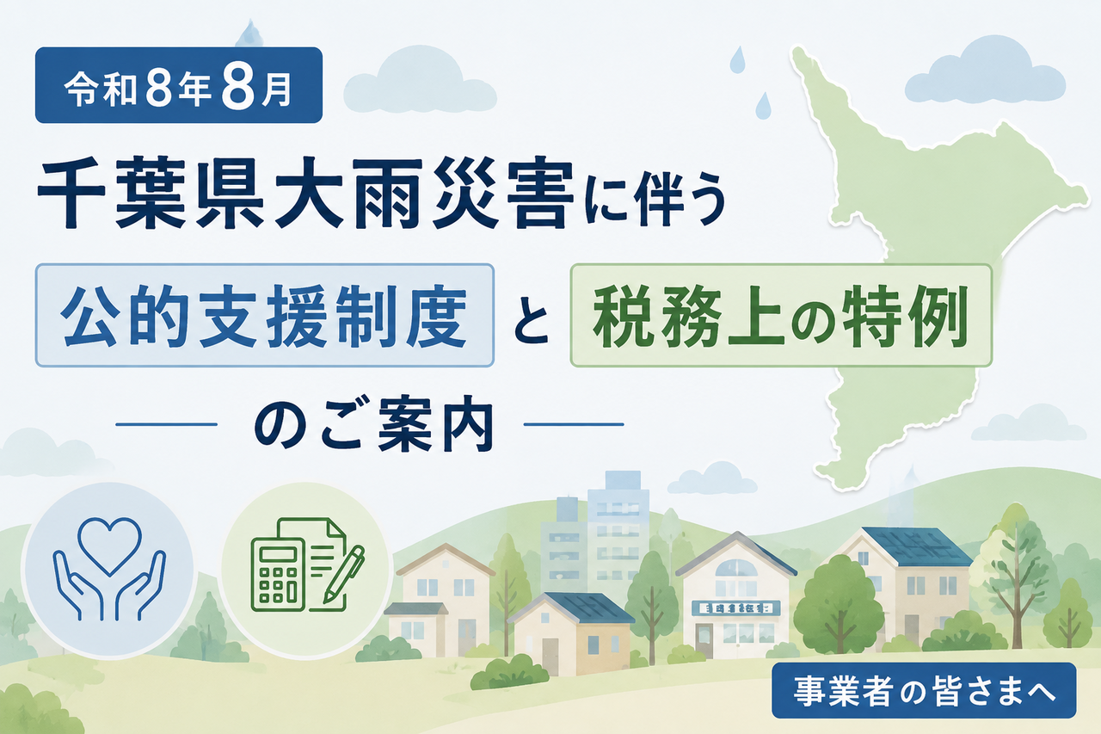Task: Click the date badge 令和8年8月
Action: click(x=179, y=85)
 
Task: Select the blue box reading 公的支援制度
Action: click(x=264, y=315)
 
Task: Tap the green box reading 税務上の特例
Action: click(x=781, y=315)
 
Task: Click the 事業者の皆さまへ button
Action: click(x=924, y=690)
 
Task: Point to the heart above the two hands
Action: click(x=110, y=545)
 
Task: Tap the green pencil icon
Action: click(x=343, y=574)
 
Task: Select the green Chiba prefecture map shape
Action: click(x=934, y=256)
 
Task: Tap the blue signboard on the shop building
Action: click(x=735, y=608)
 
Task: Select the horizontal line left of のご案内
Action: click(x=167, y=423)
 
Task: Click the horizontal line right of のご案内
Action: click(x=574, y=423)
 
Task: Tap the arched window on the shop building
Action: click(x=735, y=568)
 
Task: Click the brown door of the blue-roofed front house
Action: click(x=550, y=657)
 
